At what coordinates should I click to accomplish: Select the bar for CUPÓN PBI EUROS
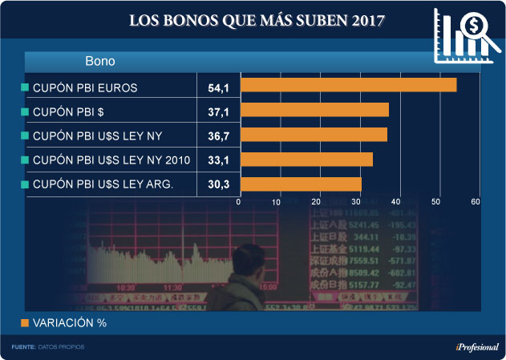[348, 85]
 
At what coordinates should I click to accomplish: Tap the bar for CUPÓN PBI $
[314, 110]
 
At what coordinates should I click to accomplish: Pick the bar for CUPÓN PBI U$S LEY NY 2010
[306, 160]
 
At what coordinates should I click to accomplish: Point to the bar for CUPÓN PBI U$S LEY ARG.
[301, 184]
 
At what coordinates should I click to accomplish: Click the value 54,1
[218, 86]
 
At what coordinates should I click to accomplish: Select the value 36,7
[218, 136]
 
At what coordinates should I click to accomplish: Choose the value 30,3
[218, 185]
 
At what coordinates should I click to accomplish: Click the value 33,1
[218, 160]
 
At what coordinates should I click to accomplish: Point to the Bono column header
[100, 61]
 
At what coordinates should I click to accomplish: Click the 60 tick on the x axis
[476, 201]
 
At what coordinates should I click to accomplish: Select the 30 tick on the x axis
[358, 201]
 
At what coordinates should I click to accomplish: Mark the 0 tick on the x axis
[239, 201]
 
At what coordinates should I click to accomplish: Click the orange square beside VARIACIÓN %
[24, 323]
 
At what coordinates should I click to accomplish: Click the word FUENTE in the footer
[24, 346]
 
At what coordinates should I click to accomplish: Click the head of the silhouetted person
[243, 258]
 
